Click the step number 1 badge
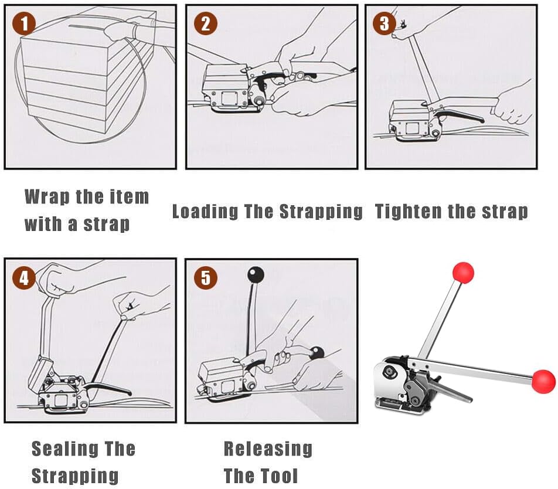(x=24, y=24)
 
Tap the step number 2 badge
(x=205, y=24)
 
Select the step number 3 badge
(x=384, y=23)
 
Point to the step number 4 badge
(x=24, y=278)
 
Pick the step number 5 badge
(x=205, y=278)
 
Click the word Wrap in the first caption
(x=47, y=196)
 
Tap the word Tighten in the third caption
(x=404, y=211)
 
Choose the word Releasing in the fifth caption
(x=268, y=449)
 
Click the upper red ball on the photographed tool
(x=462, y=273)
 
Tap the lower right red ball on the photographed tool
(x=543, y=381)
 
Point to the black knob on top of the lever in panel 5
(x=256, y=275)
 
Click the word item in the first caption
(x=128, y=196)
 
